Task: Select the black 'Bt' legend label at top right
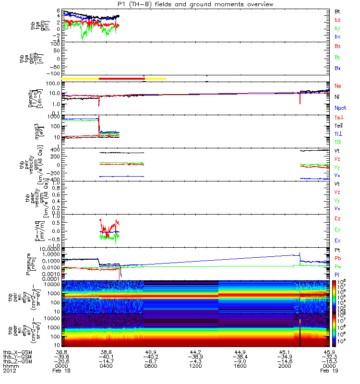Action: pos(337,11)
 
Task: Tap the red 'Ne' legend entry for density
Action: pos(337,86)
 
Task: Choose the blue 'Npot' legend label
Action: pos(340,108)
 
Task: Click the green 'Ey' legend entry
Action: pos(337,229)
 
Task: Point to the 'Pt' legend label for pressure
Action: pos(337,251)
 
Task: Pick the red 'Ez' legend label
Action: pos(337,219)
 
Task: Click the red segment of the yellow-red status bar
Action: pos(122,78)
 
